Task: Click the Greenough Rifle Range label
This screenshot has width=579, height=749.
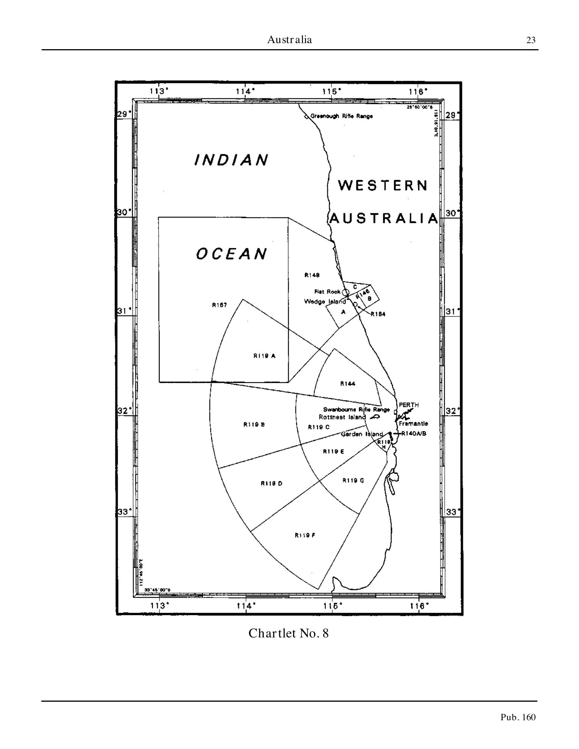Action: [x=341, y=116]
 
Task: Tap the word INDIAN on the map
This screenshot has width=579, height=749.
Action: [x=231, y=160]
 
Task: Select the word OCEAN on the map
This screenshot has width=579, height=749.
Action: [x=232, y=254]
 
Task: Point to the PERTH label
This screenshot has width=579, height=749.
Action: [x=409, y=405]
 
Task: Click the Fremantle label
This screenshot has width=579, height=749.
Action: [x=413, y=424]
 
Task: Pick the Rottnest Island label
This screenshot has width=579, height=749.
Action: [x=342, y=417]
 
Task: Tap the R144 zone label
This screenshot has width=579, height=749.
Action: [x=348, y=384]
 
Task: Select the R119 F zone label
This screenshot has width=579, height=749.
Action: [x=305, y=535]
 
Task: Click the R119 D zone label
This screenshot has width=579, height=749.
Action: [x=271, y=483]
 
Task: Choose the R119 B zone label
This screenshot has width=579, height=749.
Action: [x=254, y=424]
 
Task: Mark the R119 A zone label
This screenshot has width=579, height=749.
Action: [x=264, y=356]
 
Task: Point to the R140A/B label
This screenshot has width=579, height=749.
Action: [x=413, y=434]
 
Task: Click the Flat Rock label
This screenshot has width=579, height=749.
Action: [x=327, y=292]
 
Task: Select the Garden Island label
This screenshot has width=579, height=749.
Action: [x=362, y=434]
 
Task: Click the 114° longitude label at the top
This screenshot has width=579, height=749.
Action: [x=246, y=91]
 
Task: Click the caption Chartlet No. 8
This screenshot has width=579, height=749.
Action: [x=288, y=633]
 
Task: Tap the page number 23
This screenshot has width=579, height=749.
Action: [x=531, y=40]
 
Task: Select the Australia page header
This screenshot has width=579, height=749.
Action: [x=289, y=40]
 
